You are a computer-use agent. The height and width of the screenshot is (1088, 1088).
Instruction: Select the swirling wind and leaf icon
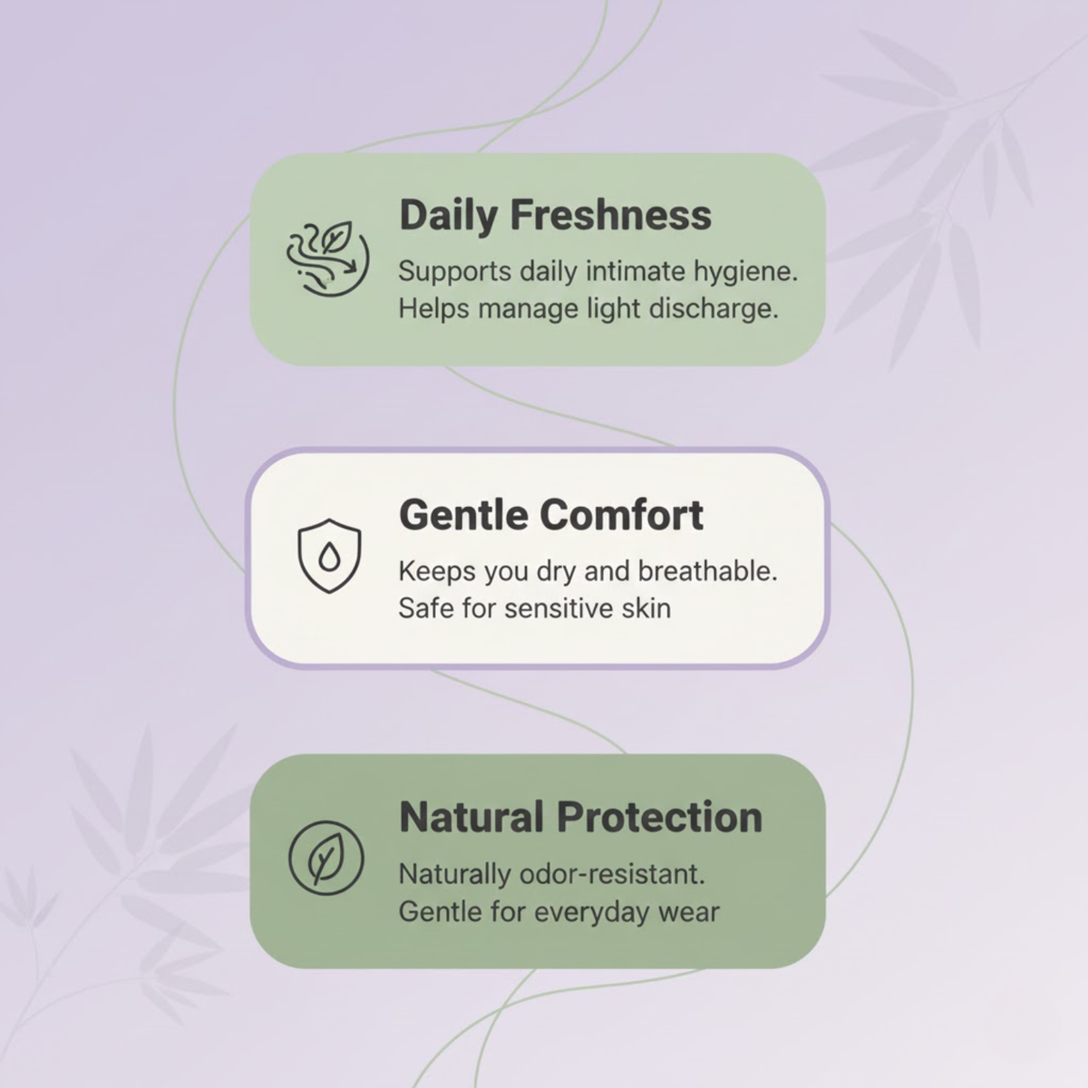[328, 258]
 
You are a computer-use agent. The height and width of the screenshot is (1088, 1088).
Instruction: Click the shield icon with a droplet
[329, 556]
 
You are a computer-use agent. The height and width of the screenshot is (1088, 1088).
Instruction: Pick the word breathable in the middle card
[708, 571]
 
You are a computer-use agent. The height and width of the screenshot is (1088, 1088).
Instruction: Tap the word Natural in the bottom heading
[472, 817]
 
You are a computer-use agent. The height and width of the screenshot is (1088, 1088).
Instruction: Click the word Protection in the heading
[661, 817]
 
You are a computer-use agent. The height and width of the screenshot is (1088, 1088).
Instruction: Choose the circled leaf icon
[325, 857]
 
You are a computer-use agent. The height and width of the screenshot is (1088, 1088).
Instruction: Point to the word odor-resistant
[613, 874]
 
